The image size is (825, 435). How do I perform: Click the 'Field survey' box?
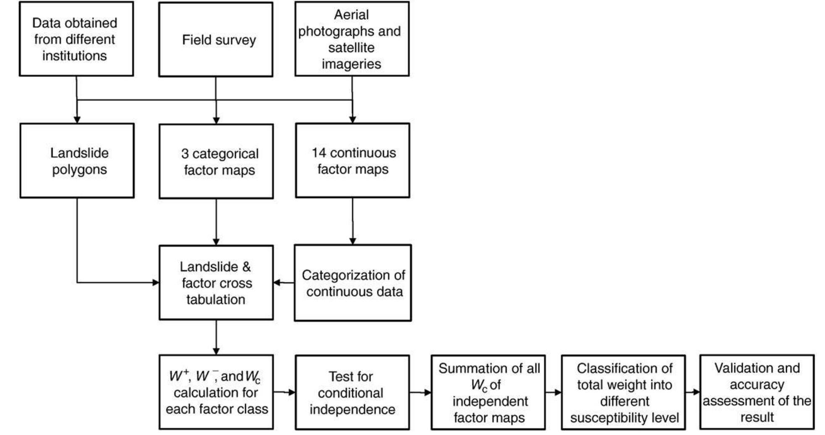click(216, 39)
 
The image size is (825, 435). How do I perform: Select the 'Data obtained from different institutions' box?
click(76, 39)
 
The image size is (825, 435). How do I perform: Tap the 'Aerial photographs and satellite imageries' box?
click(352, 39)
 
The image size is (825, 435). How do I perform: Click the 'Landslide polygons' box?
click(77, 161)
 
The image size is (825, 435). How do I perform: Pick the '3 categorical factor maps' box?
click(216, 161)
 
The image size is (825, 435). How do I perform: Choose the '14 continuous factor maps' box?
click(352, 161)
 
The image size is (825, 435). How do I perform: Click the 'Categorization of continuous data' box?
click(352, 283)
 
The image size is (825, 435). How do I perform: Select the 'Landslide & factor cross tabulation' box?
click(216, 283)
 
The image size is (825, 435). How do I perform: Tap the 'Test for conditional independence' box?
click(352, 393)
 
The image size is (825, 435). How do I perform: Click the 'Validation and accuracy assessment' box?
click(757, 392)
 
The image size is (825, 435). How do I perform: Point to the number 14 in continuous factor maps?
click(319, 153)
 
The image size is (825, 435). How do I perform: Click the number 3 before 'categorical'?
click(185, 154)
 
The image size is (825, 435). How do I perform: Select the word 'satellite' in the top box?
click(351, 48)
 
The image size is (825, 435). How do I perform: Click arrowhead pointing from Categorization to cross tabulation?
click(277, 283)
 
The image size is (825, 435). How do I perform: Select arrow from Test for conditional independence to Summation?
click(420, 393)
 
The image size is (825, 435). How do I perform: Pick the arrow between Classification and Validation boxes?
click(692, 392)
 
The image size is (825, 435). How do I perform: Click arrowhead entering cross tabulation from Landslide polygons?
click(156, 283)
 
